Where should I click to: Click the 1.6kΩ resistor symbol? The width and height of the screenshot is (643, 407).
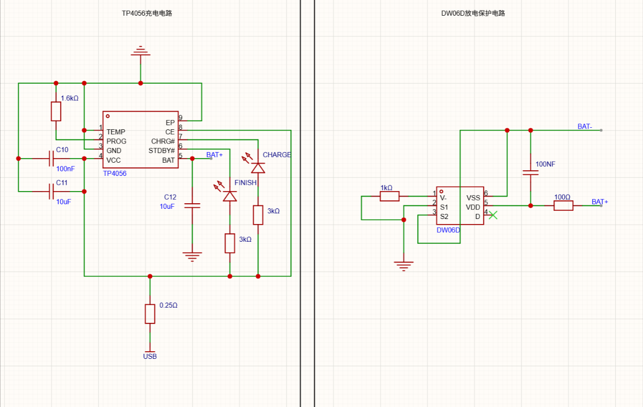[56, 111]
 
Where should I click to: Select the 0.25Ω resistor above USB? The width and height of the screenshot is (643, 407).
[150, 314]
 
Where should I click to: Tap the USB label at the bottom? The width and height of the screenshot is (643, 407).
[150, 356]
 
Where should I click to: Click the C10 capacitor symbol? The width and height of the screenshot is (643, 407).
[51, 159]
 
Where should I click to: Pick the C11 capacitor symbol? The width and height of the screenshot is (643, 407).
[51, 192]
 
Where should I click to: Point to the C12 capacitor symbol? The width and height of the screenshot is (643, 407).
[192, 205]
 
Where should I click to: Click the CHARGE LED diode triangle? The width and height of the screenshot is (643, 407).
[258, 168]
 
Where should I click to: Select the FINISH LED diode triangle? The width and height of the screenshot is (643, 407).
[230, 196]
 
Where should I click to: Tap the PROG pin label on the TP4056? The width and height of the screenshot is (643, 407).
[116, 141]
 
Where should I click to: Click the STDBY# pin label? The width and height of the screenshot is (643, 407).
[162, 151]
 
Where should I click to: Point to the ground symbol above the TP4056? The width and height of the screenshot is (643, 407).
[141, 51]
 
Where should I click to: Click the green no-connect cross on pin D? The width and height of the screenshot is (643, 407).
[493, 215]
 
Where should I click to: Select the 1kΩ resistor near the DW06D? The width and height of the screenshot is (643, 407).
[389, 196]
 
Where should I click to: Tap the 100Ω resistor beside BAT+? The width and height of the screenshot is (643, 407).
[564, 206]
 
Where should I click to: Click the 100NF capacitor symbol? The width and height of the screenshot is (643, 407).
[531, 172]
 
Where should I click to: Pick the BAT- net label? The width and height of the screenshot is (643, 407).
[585, 127]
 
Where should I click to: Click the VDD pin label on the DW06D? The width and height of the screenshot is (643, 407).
[473, 207]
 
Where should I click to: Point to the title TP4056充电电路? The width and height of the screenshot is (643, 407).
[147, 13]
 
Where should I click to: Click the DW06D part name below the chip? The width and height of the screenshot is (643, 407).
[448, 230]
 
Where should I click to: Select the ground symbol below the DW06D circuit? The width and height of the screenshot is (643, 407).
[404, 266]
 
